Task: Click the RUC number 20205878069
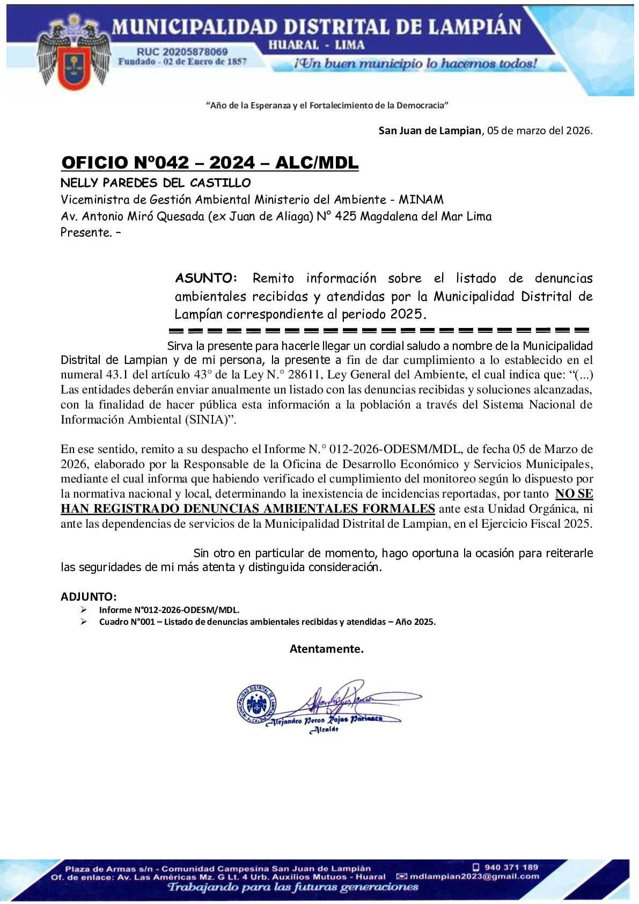pyautogui.click(x=182, y=52)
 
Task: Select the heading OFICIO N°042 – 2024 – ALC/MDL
pyautogui.click(x=210, y=163)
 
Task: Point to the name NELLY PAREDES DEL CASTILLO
pyautogui.click(x=156, y=183)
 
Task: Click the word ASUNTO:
pyautogui.click(x=206, y=278)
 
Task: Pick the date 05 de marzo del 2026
pyautogui.click(x=539, y=130)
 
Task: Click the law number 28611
pyautogui.click(x=305, y=375)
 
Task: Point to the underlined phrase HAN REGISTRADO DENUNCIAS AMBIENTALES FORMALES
pyautogui.click(x=247, y=509)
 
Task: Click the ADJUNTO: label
pyautogui.click(x=89, y=597)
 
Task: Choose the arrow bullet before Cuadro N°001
pyautogui.click(x=84, y=622)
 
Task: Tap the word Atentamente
pyautogui.click(x=326, y=649)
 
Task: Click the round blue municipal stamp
pyautogui.click(x=256, y=704)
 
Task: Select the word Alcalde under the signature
pyautogui.click(x=325, y=730)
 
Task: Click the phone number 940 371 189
pyautogui.click(x=511, y=867)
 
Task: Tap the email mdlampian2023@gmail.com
pyautogui.click(x=474, y=876)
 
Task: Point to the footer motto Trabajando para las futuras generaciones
pyautogui.click(x=293, y=887)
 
